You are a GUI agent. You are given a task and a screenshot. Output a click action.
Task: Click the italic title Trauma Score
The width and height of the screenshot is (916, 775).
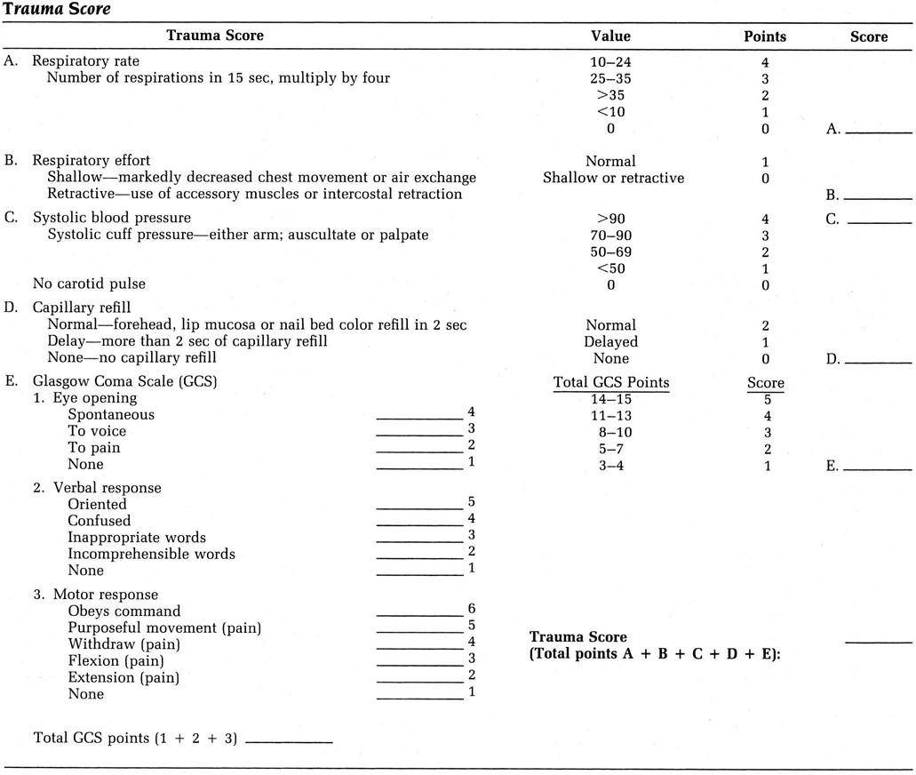57,9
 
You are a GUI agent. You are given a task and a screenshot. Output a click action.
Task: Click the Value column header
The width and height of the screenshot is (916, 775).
610,36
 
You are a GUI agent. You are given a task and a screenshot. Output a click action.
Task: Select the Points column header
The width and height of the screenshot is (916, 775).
764,36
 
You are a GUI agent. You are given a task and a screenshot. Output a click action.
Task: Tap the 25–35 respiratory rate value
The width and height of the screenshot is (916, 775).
610,79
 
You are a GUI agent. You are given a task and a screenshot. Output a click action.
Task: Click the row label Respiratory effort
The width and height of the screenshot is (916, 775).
92,161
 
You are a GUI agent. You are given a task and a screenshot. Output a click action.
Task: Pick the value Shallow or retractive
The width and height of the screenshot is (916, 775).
613,178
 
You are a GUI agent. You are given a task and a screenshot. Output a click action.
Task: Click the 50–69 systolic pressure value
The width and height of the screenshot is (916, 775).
610,252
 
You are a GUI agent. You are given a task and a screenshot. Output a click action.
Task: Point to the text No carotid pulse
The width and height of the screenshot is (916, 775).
89,284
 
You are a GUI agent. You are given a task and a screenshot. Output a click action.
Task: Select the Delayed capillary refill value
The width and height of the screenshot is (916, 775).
610,342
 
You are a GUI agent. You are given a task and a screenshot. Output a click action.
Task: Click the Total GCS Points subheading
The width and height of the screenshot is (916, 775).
611,383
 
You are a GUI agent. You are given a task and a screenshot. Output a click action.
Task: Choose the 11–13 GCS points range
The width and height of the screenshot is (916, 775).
610,415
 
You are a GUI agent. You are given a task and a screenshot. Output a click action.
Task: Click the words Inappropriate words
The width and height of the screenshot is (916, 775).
136,538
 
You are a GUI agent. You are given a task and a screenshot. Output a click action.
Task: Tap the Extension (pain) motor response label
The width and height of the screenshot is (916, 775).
123,677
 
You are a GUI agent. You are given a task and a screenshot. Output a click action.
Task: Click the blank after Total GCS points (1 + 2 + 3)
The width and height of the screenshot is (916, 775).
288,741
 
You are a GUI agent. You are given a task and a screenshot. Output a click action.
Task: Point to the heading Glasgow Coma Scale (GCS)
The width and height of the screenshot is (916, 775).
124,380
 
